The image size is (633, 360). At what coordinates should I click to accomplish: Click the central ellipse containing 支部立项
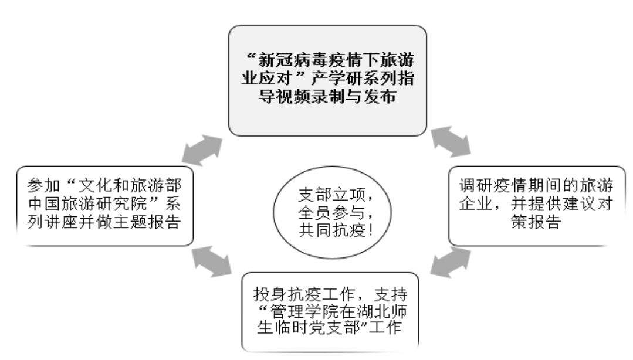(332, 213)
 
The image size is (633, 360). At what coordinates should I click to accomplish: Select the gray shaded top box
(327, 80)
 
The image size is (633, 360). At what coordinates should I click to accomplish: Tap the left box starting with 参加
(104, 206)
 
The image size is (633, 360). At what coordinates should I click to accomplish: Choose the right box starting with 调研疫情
(537, 206)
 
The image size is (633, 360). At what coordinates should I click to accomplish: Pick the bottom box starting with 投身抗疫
(330, 312)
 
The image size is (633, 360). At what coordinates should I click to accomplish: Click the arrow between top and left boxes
(202, 150)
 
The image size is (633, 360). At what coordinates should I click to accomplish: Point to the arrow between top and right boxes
(451, 141)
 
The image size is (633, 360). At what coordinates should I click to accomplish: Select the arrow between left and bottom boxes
(212, 261)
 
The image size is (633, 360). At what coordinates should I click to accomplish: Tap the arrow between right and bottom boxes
(451, 263)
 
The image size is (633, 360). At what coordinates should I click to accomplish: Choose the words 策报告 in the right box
(536, 222)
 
